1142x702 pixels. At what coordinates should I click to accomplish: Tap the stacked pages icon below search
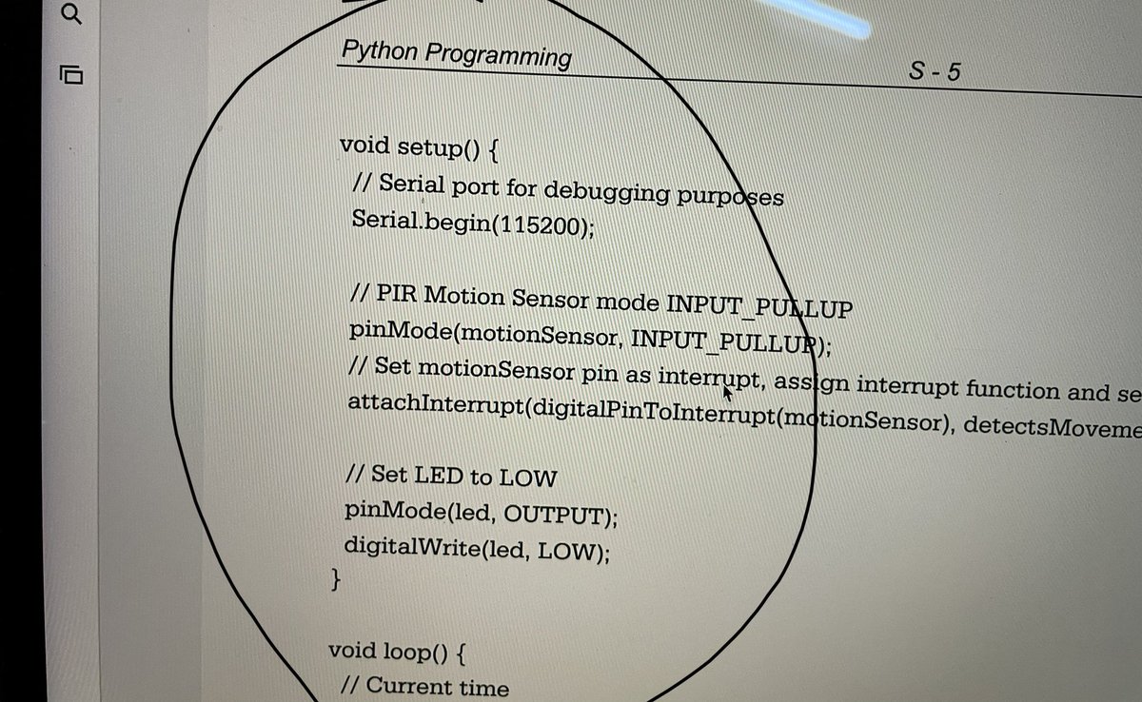tap(71, 73)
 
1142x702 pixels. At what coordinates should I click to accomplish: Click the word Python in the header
tap(379, 49)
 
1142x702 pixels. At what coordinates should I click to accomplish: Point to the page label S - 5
tap(934, 70)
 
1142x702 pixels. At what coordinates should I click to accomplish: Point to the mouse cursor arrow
tap(728, 392)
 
